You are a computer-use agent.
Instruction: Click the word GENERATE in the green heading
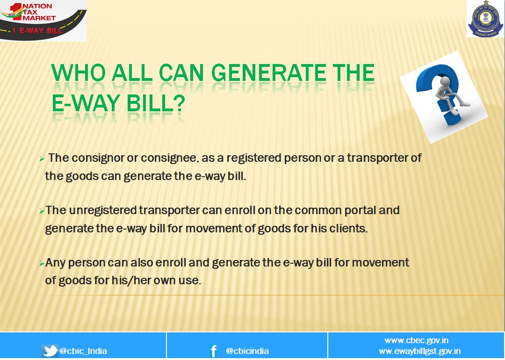(x=268, y=73)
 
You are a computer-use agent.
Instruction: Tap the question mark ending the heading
(x=180, y=103)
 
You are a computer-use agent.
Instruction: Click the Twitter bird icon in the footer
(x=50, y=351)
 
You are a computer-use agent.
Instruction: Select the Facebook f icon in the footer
(x=213, y=351)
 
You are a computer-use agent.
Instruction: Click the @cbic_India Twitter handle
(x=83, y=351)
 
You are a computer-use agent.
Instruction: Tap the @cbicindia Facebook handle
(x=247, y=351)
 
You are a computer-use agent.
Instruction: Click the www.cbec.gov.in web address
(x=417, y=340)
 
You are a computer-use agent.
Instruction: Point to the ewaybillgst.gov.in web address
(x=419, y=351)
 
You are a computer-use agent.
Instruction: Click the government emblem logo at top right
(x=485, y=18)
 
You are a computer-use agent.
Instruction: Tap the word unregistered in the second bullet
(x=103, y=210)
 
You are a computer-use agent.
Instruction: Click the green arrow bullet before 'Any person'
(x=42, y=264)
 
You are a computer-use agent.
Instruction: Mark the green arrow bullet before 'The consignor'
(x=42, y=158)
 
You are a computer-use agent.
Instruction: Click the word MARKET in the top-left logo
(x=39, y=18)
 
